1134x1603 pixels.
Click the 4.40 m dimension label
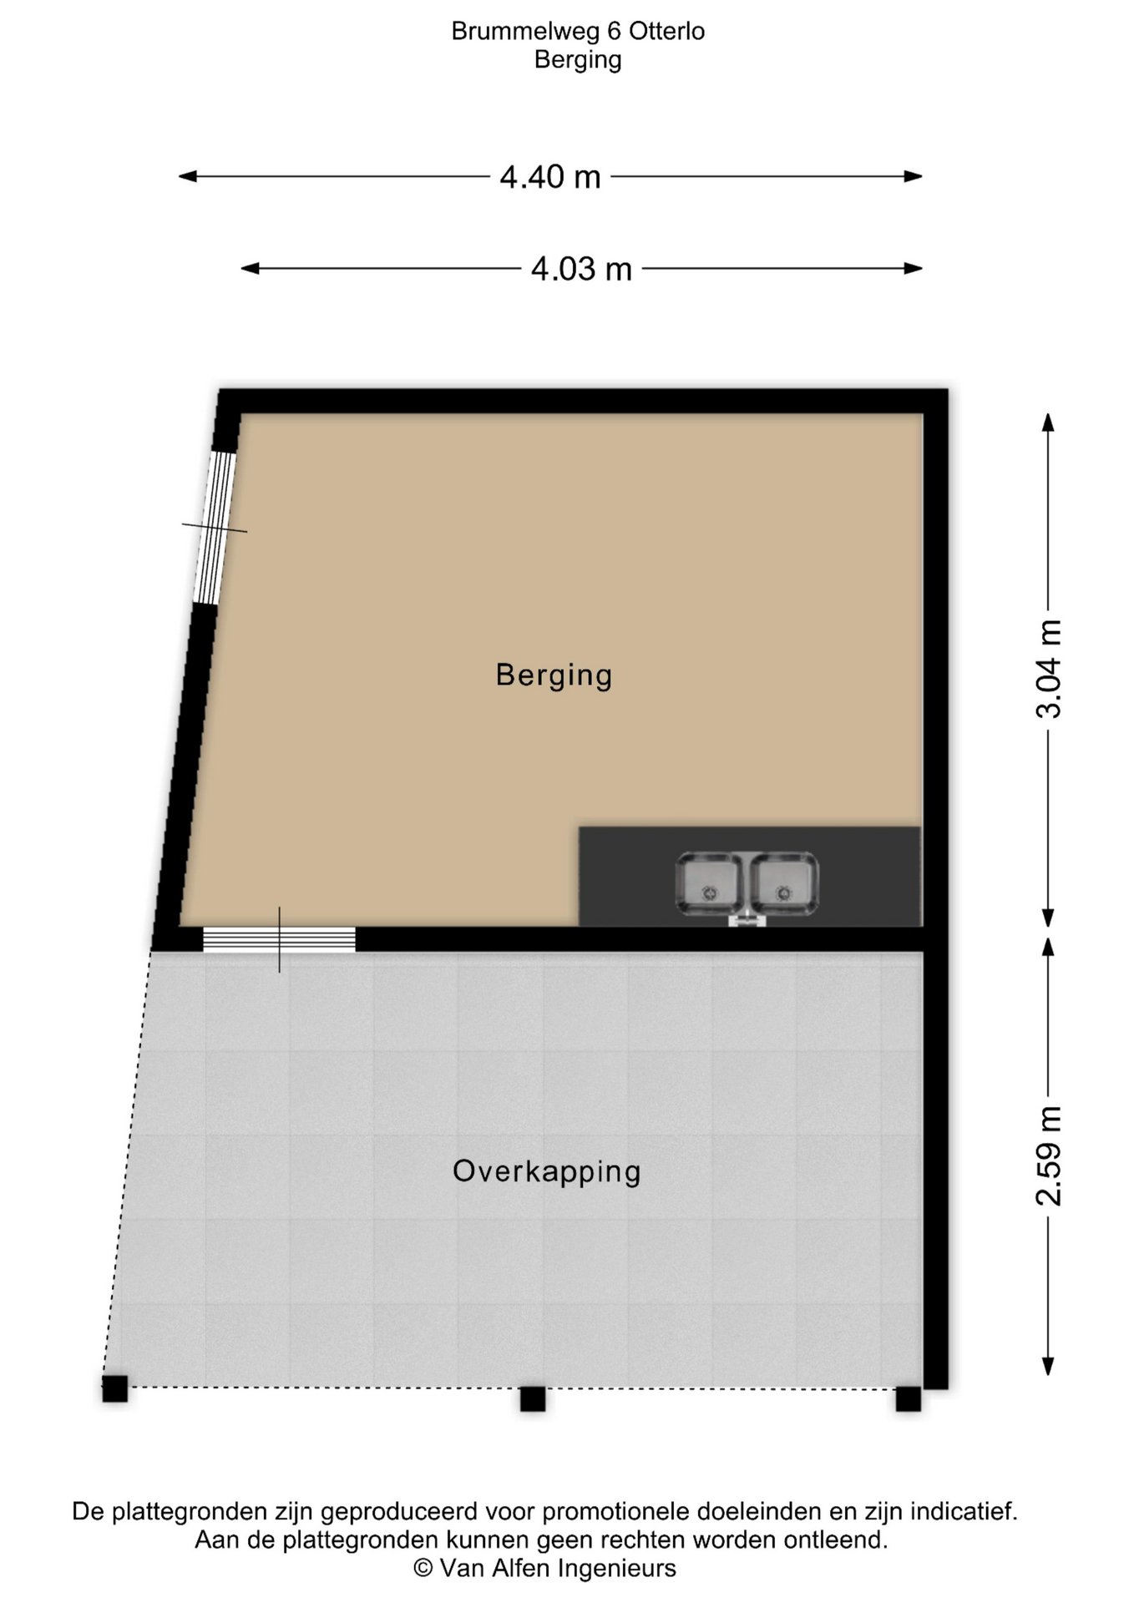550,177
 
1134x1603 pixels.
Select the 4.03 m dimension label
582,269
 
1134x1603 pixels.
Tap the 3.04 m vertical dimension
1049,669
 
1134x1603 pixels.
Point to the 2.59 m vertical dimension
1049,1156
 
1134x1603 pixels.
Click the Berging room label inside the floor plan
554,675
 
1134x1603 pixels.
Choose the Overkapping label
547,1171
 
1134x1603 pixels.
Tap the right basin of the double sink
784,883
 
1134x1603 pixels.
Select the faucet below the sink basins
747,919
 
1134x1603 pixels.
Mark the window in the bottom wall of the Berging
280,939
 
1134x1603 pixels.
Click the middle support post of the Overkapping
533,1398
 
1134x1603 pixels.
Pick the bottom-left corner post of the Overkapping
115,1389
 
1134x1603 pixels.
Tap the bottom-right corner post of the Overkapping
909,1398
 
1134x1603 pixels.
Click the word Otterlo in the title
666,32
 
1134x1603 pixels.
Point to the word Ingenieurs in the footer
617,1569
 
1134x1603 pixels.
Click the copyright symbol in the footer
423,1569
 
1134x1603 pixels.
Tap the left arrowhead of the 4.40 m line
188,176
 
